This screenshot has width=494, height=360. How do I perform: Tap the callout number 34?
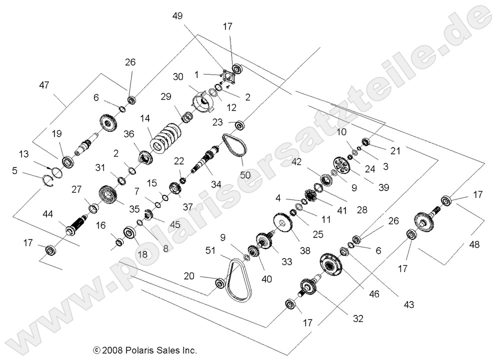click(x=216, y=183)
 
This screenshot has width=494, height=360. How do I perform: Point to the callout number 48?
click(x=473, y=244)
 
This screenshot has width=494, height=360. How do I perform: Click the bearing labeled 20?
click(x=220, y=284)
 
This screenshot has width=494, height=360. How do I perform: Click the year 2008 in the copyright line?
click(x=113, y=349)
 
